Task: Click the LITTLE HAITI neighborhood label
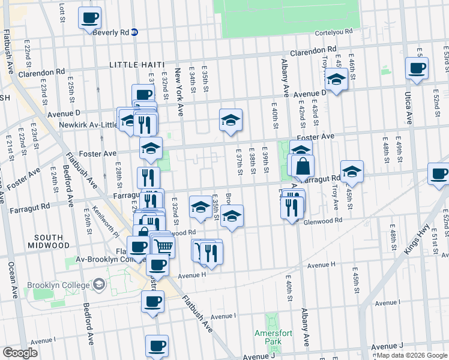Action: (139, 64)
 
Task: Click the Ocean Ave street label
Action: (11, 278)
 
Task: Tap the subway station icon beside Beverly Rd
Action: (135, 32)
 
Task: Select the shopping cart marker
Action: (163, 245)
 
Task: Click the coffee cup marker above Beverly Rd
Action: (90, 18)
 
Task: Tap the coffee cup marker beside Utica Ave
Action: (417, 68)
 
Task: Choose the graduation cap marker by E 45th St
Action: (352, 171)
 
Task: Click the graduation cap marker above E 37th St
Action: (231, 120)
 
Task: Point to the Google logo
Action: (19, 353)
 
